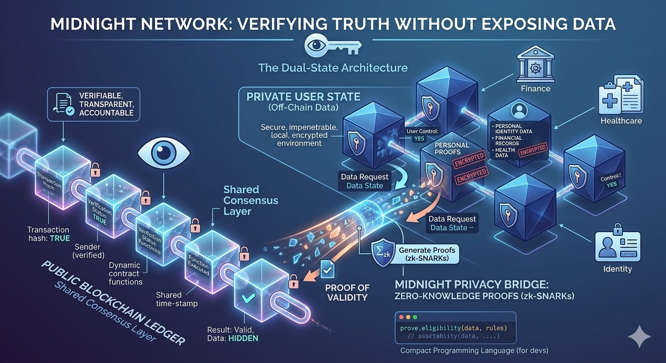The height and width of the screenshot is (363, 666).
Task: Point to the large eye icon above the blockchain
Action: (164, 152)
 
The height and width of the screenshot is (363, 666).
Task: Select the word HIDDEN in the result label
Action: (242, 338)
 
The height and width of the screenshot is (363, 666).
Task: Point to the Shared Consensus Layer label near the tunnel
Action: (250, 200)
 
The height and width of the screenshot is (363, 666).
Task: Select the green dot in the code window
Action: (416, 317)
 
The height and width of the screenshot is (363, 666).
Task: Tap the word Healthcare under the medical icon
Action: (621, 121)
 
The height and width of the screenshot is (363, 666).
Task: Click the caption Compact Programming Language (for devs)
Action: (474, 351)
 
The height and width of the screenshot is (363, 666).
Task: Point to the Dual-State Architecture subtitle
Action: (333, 68)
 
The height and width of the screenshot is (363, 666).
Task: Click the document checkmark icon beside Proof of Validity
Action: (327, 269)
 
